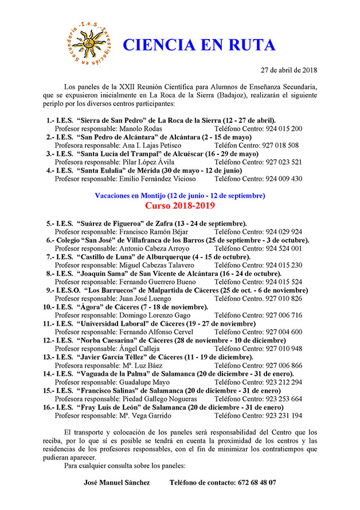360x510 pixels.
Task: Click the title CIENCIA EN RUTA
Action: click(199, 45)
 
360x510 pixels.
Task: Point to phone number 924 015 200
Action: click(284, 129)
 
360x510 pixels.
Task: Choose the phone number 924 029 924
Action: click(284, 232)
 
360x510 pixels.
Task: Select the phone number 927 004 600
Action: click(284, 332)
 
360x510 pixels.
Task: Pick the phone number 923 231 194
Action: click(284, 415)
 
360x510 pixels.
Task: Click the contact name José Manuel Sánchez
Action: click(117, 482)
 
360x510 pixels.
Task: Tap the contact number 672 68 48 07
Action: click(255, 482)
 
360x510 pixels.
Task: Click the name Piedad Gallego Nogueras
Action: click(154, 398)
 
